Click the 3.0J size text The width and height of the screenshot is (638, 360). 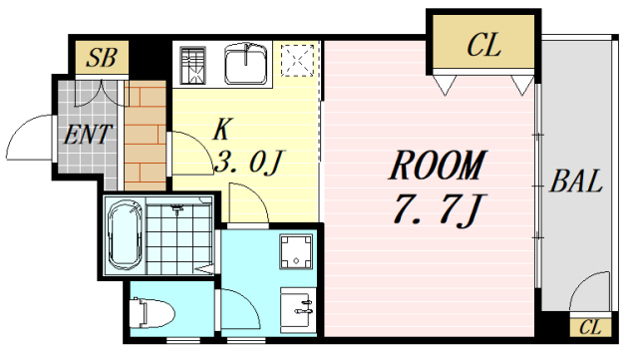tap(250, 161)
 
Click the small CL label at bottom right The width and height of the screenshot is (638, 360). tap(589, 328)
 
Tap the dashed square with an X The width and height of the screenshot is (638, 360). tap(297, 64)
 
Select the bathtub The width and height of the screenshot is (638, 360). tap(126, 235)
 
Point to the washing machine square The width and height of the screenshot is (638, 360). tap(296, 251)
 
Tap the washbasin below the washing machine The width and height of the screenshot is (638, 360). tap(296, 307)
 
